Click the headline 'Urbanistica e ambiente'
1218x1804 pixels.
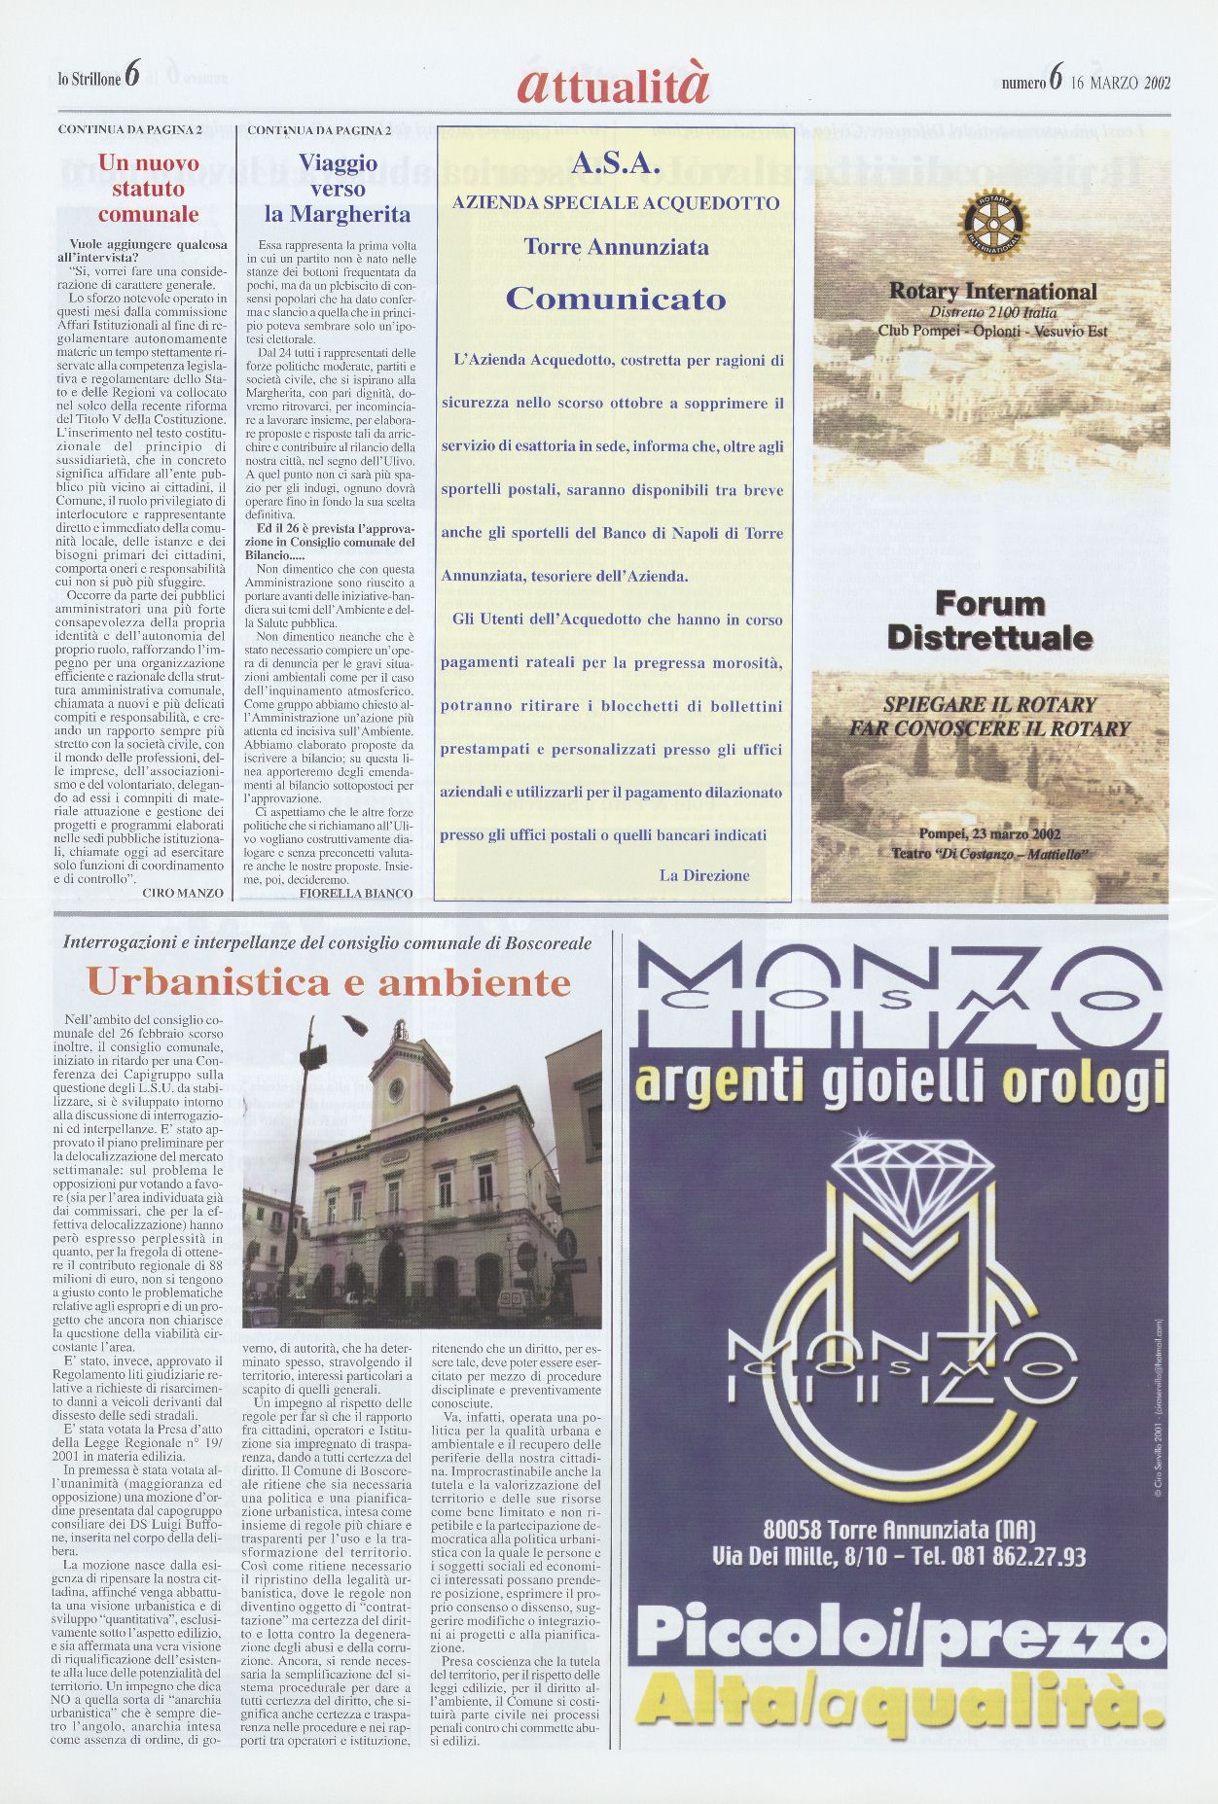click(x=329, y=982)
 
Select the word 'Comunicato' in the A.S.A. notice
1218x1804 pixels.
click(x=616, y=299)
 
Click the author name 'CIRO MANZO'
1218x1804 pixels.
click(x=183, y=892)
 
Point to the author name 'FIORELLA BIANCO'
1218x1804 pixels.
click(x=356, y=892)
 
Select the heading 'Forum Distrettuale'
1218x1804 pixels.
click(x=989, y=620)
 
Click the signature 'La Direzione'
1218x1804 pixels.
click(x=704, y=875)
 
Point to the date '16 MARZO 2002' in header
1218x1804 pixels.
click(x=1120, y=83)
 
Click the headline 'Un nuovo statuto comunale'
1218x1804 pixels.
click(x=148, y=189)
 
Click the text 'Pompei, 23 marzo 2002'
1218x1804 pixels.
click(x=989, y=833)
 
